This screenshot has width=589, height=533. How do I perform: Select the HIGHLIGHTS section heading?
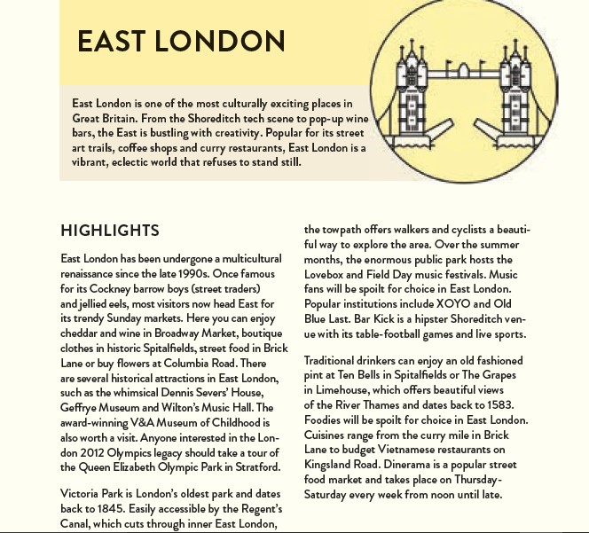(x=110, y=231)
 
